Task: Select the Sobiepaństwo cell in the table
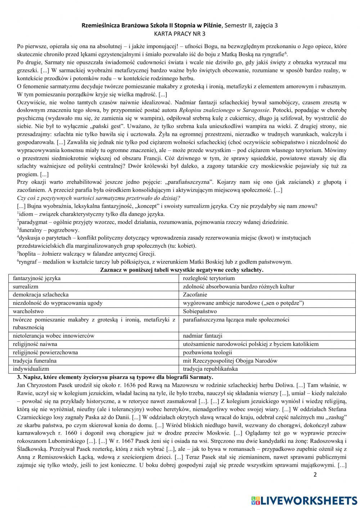pyautogui.click(x=199, y=311)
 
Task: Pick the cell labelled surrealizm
pyautogui.click(x=26, y=287)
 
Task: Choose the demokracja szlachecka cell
pyautogui.click(x=41, y=295)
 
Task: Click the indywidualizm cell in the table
pyautogui.click(x=31, y=369)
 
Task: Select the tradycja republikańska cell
pyautogui.click(x=210, y=369)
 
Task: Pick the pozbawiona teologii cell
pyautogui.click(x=207, y=352)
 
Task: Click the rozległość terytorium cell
pyautogui.click(x=209, y=278)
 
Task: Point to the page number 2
pyautogui.click(x=315, y=475)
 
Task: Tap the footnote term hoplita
pyautogui.click(x=27, y=254)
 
